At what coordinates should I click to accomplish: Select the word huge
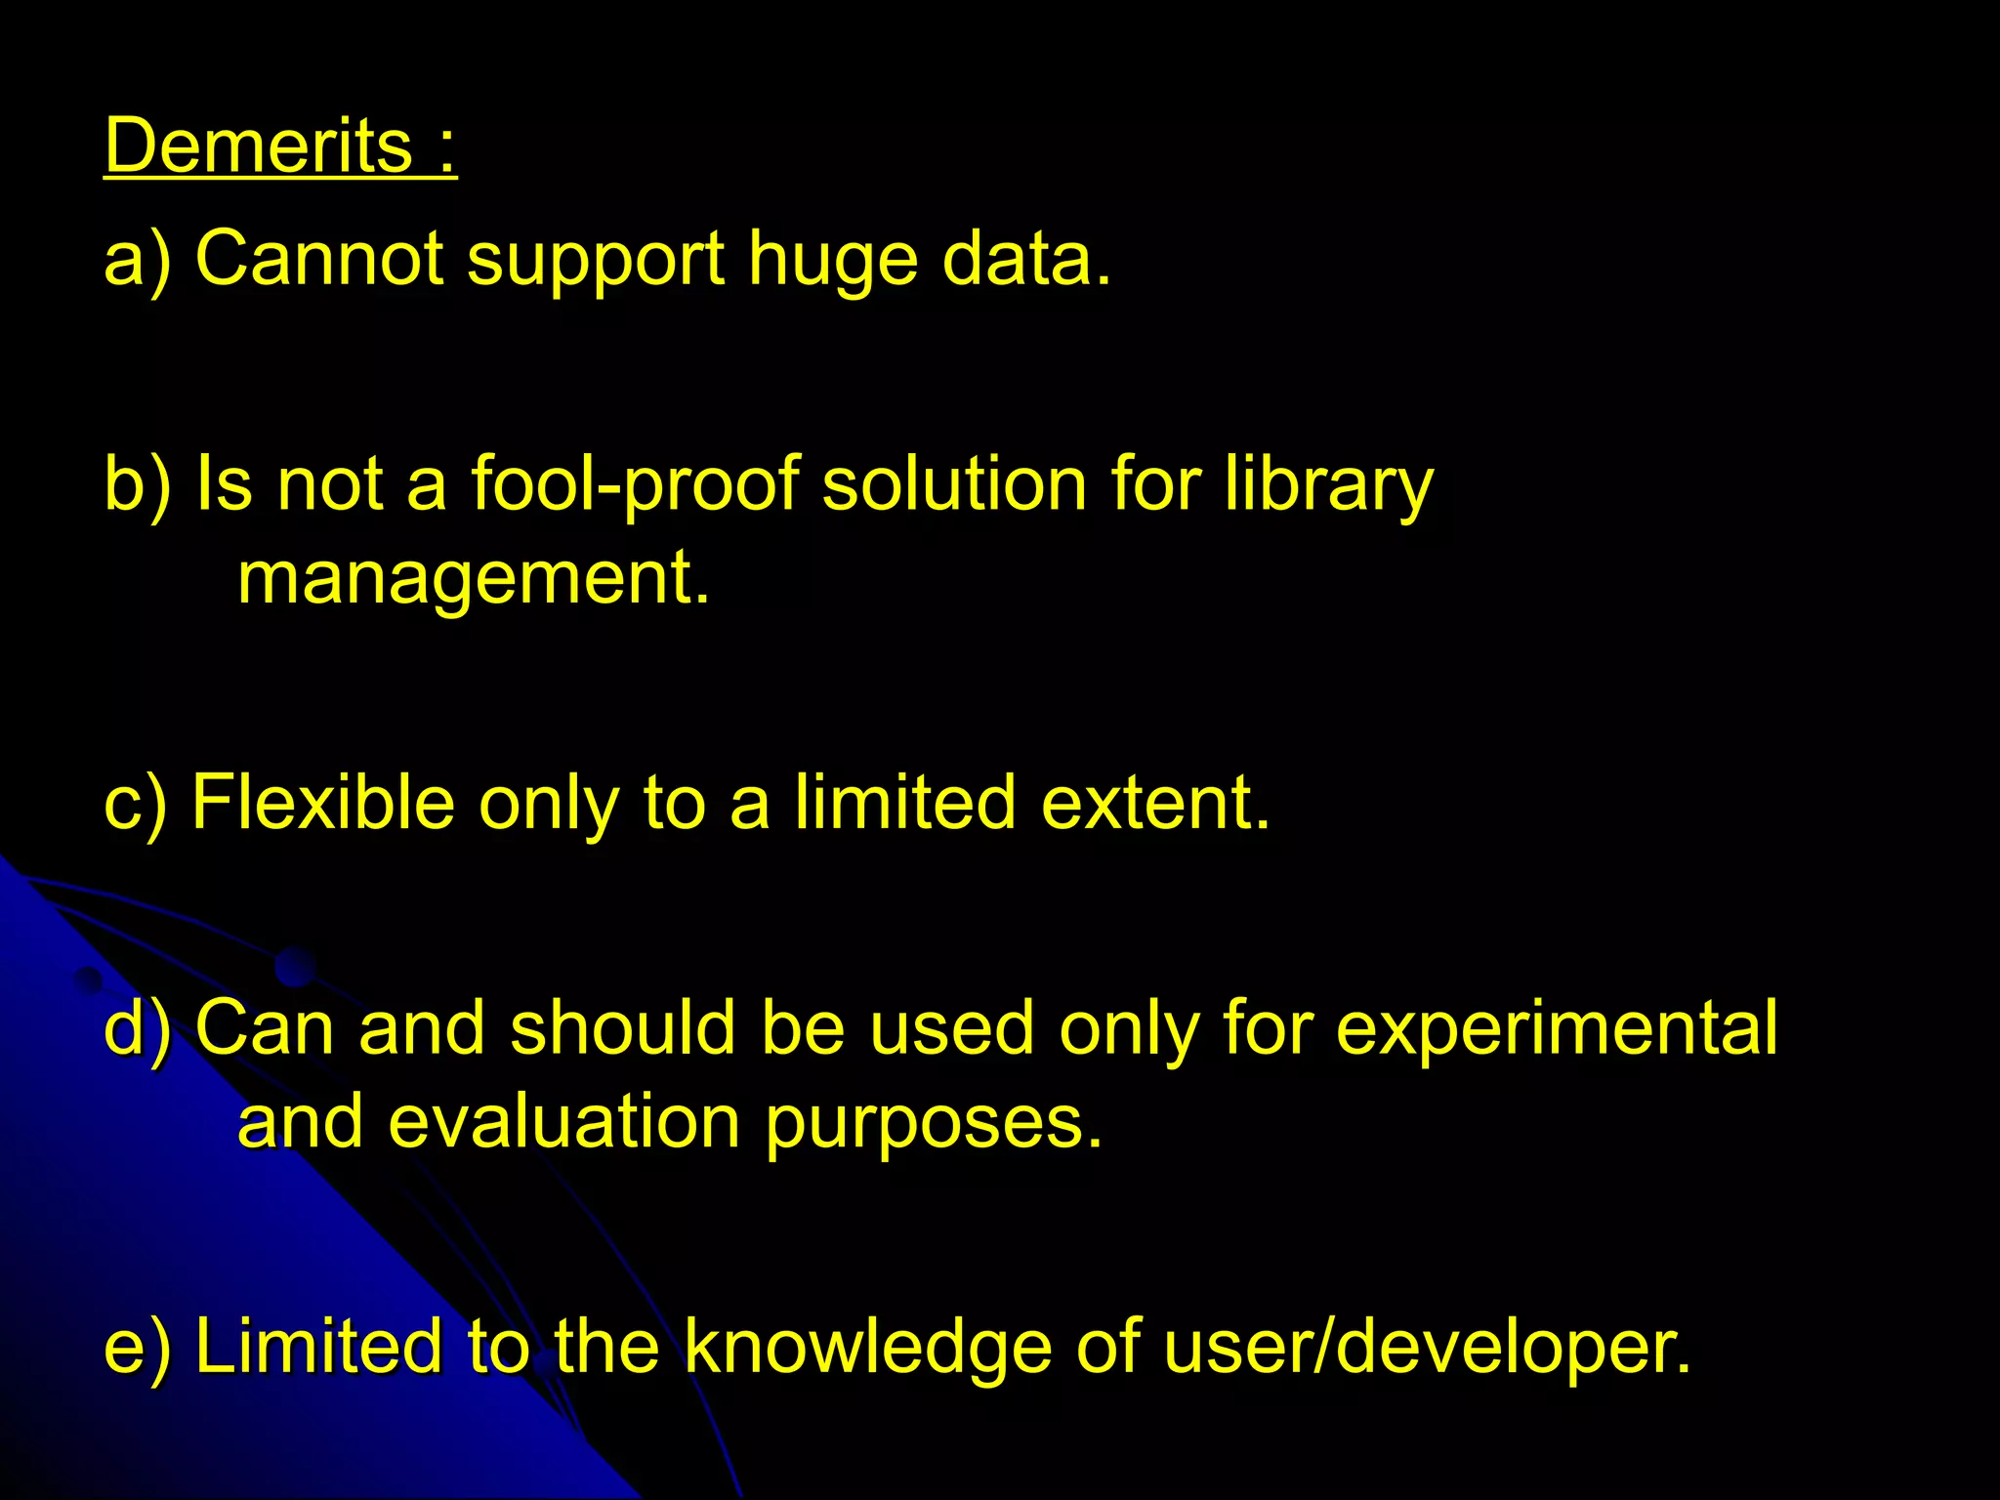pyautogui.click(x=833, y=262)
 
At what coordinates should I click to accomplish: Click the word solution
pyautogui.click(x=953, y=483)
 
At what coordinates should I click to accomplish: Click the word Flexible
pyautogui.click(x=323, y=802)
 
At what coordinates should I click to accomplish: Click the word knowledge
pyautogui.click(x=867, y=1347)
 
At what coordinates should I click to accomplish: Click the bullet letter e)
pyautogui.click(x=138, y=1347)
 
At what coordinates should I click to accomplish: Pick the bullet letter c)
pyautogui.click(x=136, y=804)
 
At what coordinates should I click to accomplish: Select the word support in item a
pyautogui.click(x=596, y=262)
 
